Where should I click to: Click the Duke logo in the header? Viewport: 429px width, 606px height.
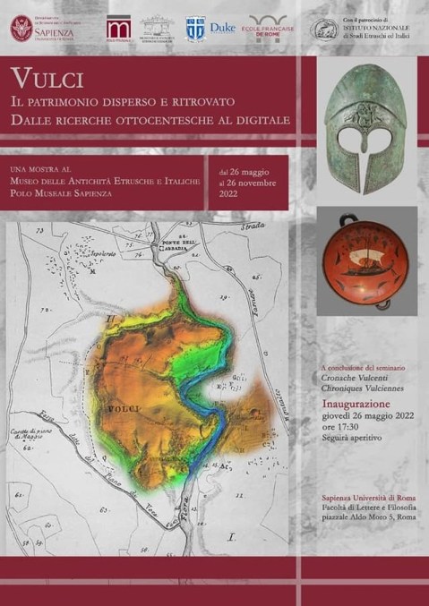[x=222, y=29]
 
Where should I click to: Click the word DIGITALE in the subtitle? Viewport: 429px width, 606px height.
[x=251, y=118]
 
